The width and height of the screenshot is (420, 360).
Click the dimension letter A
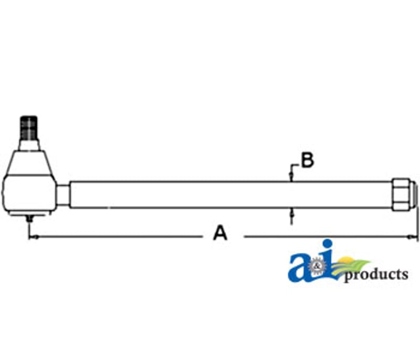pos(220,233)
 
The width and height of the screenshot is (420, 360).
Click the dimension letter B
pos(307,160)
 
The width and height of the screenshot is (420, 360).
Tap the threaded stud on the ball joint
pos(29,128)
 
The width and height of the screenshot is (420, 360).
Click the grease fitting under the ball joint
pos(30,218)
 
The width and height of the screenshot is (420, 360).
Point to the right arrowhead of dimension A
pos(412,236)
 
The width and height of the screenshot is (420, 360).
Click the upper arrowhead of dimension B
pos(291,176)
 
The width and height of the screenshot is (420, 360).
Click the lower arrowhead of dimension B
pos(291,212)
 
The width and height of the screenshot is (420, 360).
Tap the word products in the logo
pos(376,275)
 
